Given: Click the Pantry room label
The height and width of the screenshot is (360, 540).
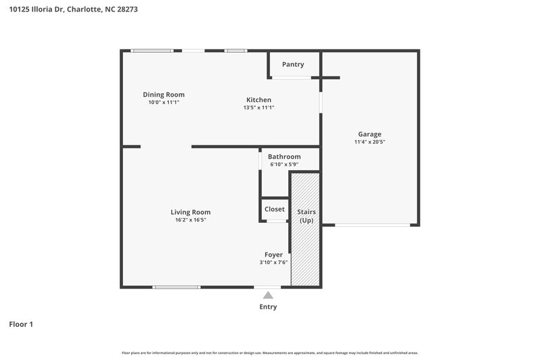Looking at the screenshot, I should pos(293,65).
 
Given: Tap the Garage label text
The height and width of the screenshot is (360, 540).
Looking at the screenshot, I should pos(369,134).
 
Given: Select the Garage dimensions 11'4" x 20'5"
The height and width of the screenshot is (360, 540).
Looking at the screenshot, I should pos(369,142).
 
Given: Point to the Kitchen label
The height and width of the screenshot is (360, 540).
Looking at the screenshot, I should pos(259,100).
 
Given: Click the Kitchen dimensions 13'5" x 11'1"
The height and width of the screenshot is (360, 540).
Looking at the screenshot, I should pos(259,107).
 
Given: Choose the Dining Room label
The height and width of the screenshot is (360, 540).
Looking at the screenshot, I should pos(163,95).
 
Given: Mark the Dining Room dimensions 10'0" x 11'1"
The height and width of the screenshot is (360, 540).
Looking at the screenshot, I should pos(163,103).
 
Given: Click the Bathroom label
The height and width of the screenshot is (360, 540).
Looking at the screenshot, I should pos(284,157).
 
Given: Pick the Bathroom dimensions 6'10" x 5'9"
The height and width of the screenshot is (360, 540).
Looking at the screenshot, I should pos(284,164).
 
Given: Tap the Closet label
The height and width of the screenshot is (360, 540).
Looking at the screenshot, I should pos(275,209).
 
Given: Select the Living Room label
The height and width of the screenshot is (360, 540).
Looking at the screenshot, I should pos(190,212).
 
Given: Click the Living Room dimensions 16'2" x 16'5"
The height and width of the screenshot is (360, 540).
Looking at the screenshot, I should pos(190,220).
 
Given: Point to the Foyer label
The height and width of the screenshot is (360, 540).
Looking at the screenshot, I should pos(273,255).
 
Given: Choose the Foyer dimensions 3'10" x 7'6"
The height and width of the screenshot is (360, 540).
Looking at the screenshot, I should pos(273,263).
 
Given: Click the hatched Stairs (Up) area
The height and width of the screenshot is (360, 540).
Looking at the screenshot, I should pos(306,257).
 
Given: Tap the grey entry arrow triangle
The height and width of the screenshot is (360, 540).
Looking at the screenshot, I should pos(268,295).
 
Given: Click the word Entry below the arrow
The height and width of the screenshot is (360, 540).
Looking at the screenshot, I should pos(268,307).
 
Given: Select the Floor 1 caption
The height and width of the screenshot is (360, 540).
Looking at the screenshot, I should pos(21,325).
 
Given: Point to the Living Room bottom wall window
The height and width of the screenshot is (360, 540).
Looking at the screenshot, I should pos(176,287).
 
